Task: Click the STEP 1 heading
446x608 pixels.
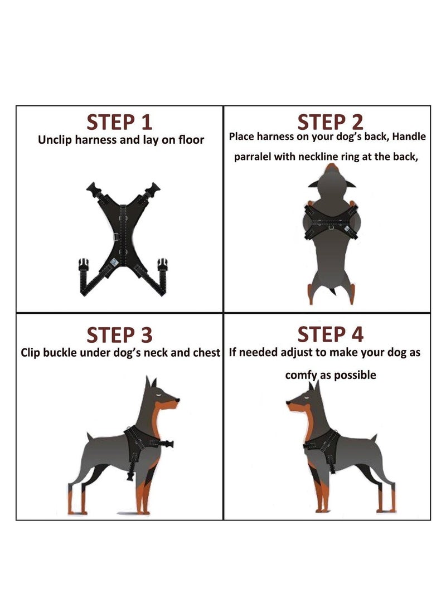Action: pos(119,121)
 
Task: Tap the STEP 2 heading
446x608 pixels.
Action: pos(330,121)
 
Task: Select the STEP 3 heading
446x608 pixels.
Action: pos(119,335)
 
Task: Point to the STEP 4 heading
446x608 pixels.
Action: pos(330,334)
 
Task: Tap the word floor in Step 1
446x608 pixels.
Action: pos(191,140)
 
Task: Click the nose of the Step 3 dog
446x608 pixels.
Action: pos(178,400)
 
